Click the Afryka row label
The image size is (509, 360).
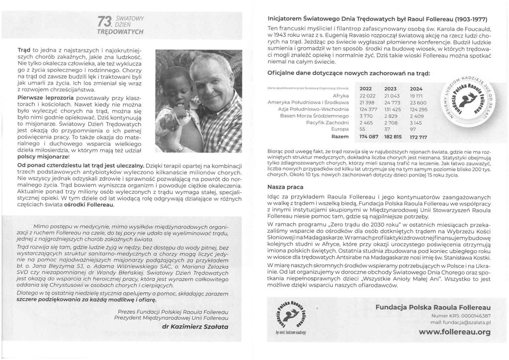[338, 94]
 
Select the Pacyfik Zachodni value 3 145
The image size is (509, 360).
[416, 121]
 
